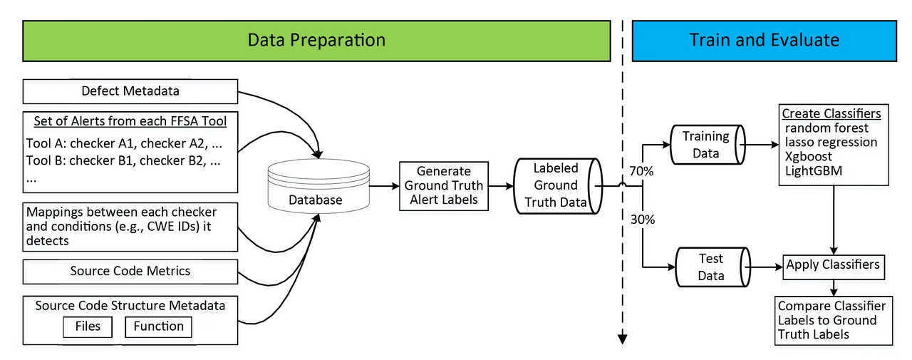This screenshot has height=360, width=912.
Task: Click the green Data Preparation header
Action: pos(316,40)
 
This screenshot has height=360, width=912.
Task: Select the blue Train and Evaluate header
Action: pos(764,40)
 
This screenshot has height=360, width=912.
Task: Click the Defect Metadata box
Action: pos(130,91)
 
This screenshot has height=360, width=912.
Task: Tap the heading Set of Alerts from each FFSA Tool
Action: pos(130,121)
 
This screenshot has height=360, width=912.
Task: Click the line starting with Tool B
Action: pos(123,160)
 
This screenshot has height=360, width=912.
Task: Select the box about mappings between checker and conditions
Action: pos(130,227)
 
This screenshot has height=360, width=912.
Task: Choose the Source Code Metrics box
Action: pos(130,271)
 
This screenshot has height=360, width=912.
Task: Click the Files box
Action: pos(88,326)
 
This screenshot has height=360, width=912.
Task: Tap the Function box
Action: pos(158,326)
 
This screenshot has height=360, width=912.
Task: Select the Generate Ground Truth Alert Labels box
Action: pos(443,185)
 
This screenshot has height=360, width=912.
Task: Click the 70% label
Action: pos(642,173)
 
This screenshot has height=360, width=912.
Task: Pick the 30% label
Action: pos(642,220)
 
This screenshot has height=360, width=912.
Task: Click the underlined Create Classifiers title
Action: pos(831,114)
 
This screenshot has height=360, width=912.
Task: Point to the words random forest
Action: pos(826,128)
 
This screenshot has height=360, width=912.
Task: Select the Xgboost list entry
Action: pos(808,156)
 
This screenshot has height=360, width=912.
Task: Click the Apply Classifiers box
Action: pos(833,265)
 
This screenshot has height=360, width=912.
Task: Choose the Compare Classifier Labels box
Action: pos(831,320)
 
